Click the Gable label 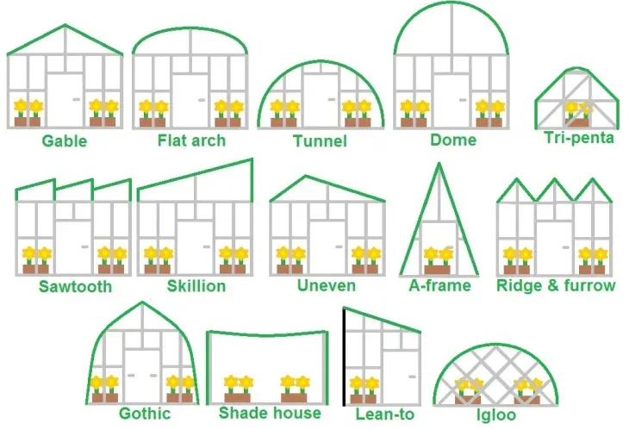coord(64,140)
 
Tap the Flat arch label coord(191,140)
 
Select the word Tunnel coord(320,140)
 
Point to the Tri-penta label coord(579,138)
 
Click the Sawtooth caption coord(75,286)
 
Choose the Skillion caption coord(196,286)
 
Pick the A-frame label coord(439,285)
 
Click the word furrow coord(589,285)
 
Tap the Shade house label coord(270,413)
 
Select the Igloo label coord(496,414)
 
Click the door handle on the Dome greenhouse coord(463,99)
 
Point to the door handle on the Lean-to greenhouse coord(412,377)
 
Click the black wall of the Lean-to coord(344,356)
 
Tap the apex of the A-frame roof coord(439,163)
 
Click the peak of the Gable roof coord(65,26)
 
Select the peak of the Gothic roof coord(142,302)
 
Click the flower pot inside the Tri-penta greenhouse coord(576,122)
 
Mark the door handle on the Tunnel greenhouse coord(332,99)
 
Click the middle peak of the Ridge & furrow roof coord(555,180)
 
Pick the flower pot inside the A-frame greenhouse coord(437,269)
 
